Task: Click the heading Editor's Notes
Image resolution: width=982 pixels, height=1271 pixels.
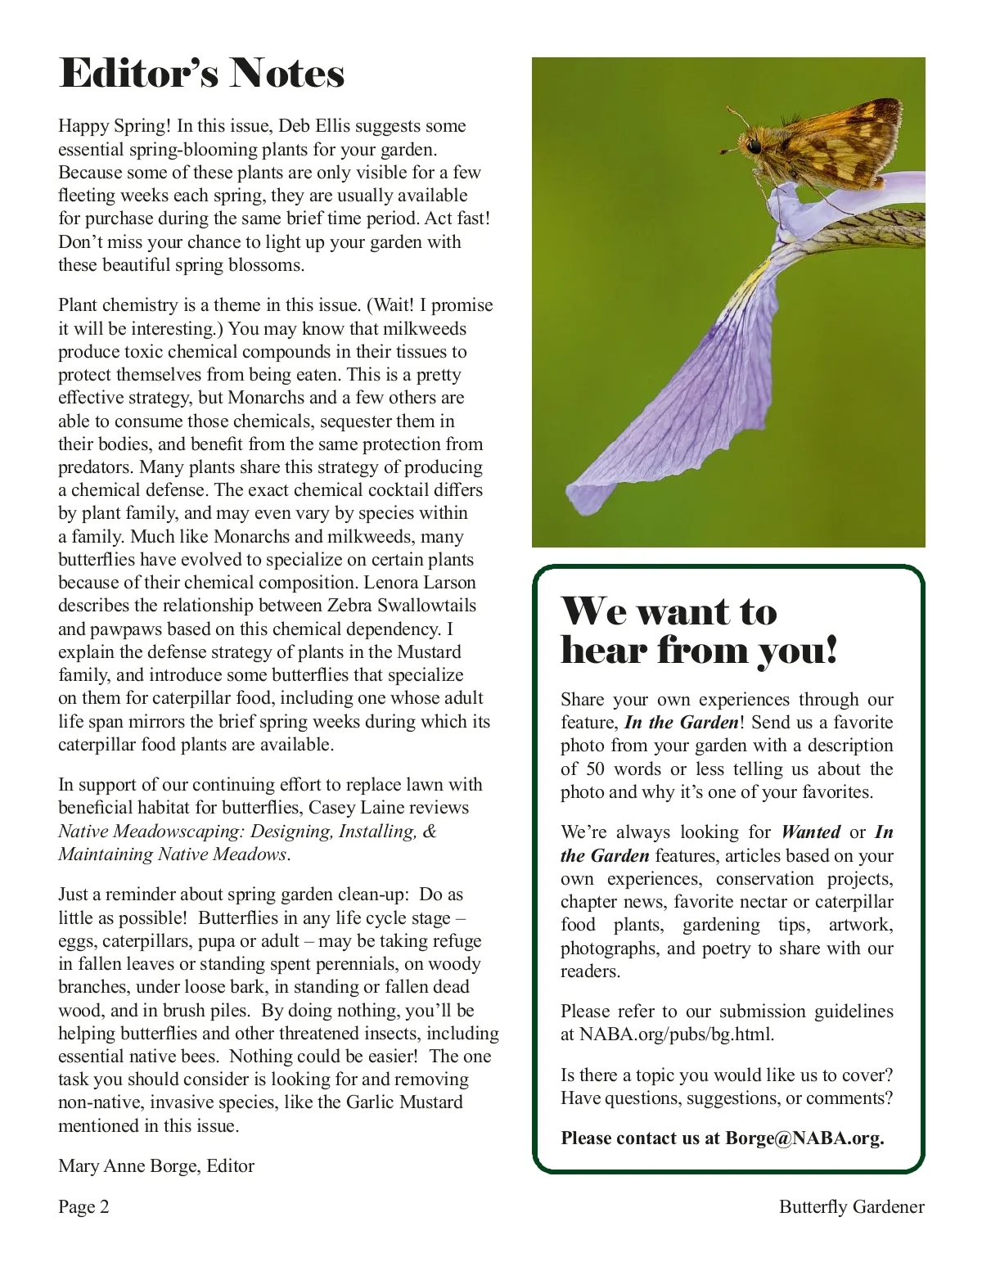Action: pos(201,74)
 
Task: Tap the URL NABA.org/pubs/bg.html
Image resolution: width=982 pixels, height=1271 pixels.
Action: pos(676,1034)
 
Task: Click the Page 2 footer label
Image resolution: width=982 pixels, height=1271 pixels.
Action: pos(83,1206)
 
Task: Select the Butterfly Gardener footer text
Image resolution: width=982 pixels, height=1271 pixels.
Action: pos(851,1206)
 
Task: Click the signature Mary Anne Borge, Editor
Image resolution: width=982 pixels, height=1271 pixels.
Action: pos(156,1165)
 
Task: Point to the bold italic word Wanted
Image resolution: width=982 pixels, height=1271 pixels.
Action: pos(810,832)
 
